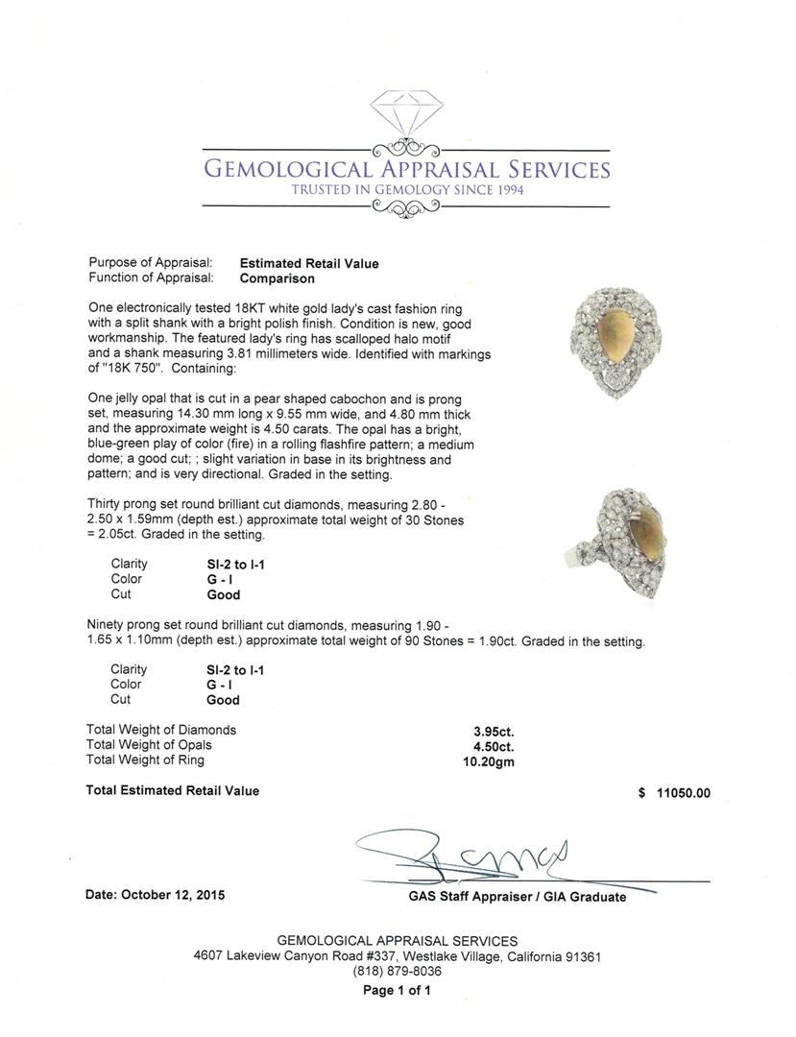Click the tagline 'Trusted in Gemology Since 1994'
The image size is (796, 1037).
[407, 190]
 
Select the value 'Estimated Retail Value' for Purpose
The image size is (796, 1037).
[308, 263]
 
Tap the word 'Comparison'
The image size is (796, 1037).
[277, 278]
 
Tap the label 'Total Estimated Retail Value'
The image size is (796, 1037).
[173, 791]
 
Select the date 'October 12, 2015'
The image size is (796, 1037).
[176, 895]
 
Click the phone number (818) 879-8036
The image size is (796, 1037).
[398, 972]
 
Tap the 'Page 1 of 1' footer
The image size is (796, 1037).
[397, 991]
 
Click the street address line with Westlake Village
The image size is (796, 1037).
[398, 956]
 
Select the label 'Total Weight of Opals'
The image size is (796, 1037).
[149, 745]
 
